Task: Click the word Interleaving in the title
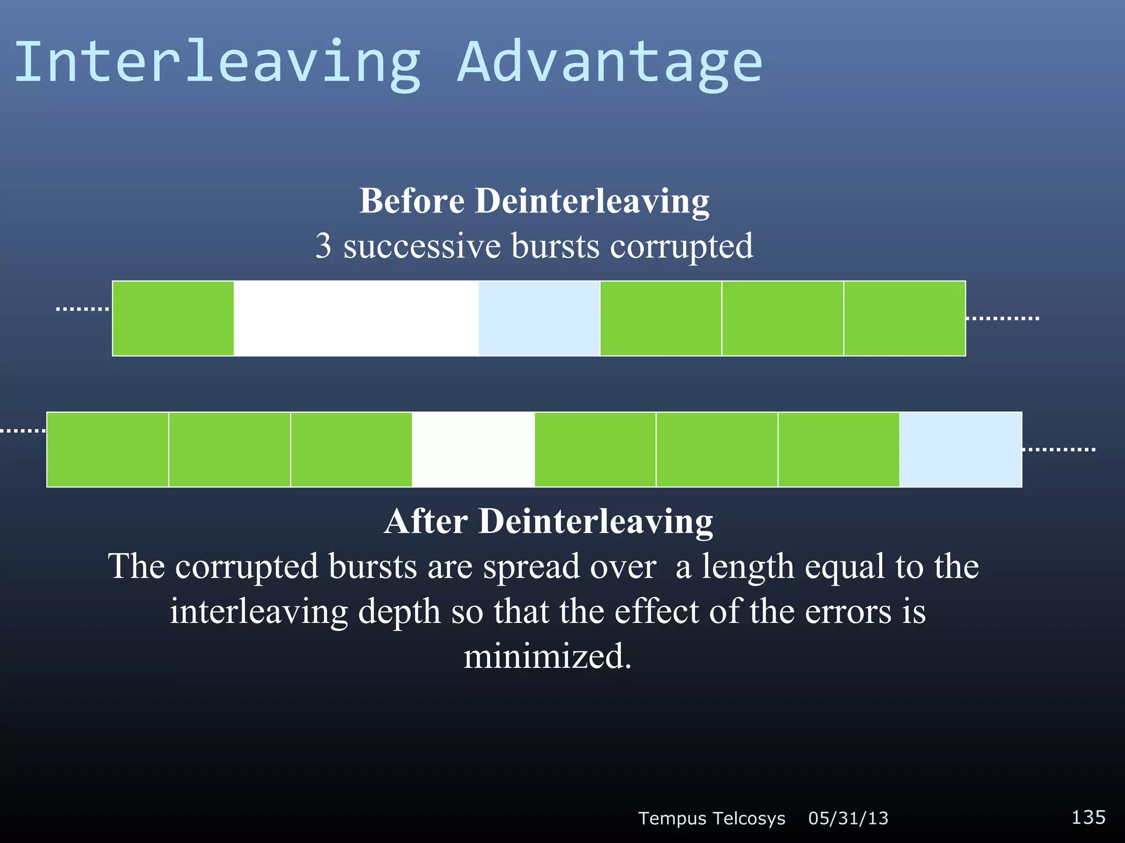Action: click(x=218, y=63)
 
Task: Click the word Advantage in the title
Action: click(x=610, y=63)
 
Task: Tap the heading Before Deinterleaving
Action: click(x=534, y=201)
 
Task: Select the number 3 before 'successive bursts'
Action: click(x=324, y=246)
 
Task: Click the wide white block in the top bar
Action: click(x=356, y=318)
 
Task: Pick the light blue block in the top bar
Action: click(x=539, y=318)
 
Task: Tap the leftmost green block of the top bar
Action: click(x=173, y=318)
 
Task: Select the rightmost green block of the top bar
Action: click(x=904, y=318)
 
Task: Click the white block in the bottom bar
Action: click(x=473, y=449)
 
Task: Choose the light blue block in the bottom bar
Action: click(x=961, y=449)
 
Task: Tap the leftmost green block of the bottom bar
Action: click(x=108, y=449)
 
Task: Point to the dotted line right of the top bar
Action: click(x=1003, y=318)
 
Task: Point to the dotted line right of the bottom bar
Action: click(x=1059, y=449)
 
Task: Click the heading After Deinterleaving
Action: click(x=548, y=521)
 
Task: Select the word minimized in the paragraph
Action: click(x=547, y=656)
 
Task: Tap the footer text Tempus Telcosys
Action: click(x=711, y=818)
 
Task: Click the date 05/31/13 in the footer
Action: click(x=848, y=818)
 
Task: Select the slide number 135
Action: click(x=1088, y=817)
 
